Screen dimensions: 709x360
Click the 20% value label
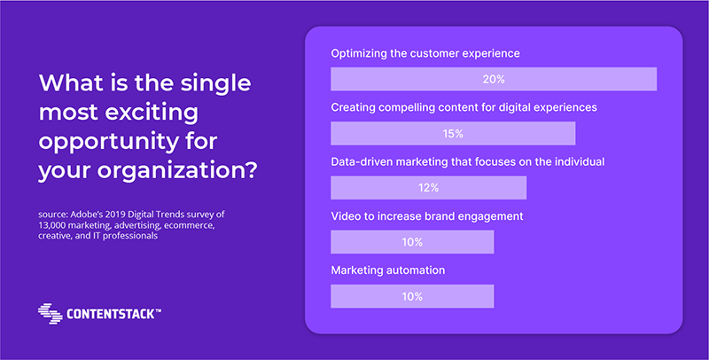(x=494, y=79)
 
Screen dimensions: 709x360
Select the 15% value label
(x=453, y=133)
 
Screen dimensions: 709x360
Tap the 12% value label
(x=428, y=188)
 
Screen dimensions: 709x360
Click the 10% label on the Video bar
(x=412, y=242)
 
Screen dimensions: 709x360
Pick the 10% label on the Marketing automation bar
(x=412, y=296)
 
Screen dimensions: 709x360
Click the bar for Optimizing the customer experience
(x=494, y=79)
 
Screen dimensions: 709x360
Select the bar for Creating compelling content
(x=453, y=133)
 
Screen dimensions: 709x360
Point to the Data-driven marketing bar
(x=429, y=188)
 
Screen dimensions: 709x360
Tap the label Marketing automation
(x=388, y=270)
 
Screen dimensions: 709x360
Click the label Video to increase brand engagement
(x=427, y=216)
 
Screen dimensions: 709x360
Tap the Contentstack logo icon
(x=51, y=313)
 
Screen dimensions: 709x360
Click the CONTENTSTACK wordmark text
(x=114, y=314)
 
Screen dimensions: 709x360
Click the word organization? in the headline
(x=177, y=171)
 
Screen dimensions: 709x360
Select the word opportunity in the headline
(x=108, y=143)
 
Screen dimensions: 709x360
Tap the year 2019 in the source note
(x=117, y=215)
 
